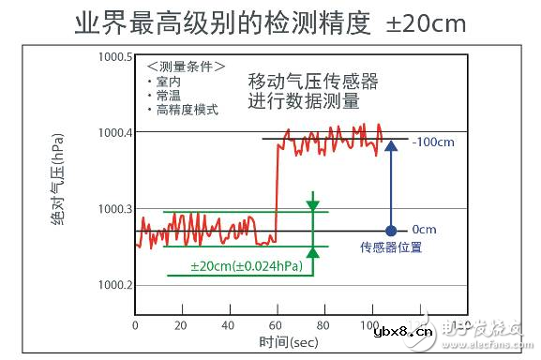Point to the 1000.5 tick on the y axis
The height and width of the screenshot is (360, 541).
point(113,56)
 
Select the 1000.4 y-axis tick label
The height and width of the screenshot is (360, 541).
point(113,132)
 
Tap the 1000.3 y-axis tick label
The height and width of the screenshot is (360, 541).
point(113,209)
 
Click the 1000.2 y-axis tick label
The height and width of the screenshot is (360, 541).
point(113,285)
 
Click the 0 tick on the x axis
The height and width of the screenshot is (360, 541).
point(136,325)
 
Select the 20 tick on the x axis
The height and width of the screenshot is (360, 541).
point(182,325)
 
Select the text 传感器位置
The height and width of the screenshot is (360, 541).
point(390,248)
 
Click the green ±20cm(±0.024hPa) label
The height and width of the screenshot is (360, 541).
point(246,267)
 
